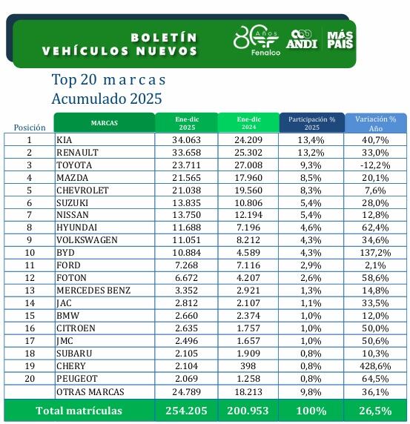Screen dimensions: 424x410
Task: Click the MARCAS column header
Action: click(x=104, y=122)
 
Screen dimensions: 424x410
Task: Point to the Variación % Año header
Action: click(x=375, y=122)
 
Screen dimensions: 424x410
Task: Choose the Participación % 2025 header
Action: click(x=311, y=122)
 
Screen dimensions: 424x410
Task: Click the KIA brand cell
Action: click(x=65, y=139)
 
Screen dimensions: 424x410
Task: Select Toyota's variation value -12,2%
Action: click(x=375, y=165)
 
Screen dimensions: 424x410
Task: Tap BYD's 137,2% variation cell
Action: click(x=375, y=253)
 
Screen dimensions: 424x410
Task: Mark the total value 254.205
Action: click(x=186, y=409)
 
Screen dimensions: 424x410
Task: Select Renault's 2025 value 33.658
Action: click(x=186, y=152)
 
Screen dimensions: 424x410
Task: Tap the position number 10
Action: click(x=30, y=253)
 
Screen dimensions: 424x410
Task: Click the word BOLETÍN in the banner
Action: click(x=164, y=37)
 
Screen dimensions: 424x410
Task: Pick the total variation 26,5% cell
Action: click(x=375, y=409)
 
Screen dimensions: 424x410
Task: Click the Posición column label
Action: click(x=30, y=127)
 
